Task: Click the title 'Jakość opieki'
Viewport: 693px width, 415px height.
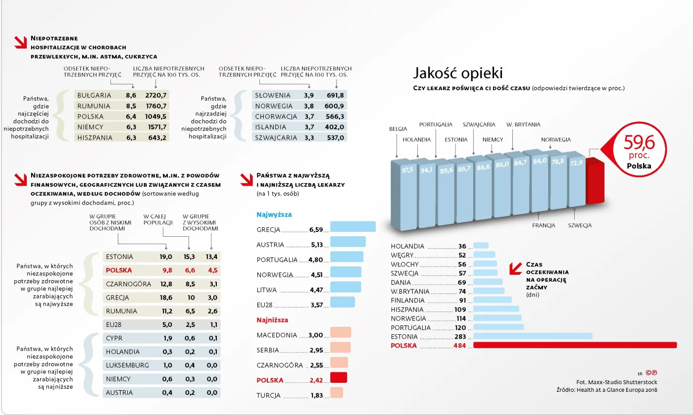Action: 458,73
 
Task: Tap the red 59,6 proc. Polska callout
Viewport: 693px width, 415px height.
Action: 639,150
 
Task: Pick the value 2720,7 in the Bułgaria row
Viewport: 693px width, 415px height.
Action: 156,95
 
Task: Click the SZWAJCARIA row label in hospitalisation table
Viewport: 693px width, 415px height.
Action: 276,138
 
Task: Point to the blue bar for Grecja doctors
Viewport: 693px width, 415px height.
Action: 353,227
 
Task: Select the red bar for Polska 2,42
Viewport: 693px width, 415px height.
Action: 339,378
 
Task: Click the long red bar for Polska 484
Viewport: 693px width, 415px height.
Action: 575,345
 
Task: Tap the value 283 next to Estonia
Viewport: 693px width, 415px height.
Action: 459,337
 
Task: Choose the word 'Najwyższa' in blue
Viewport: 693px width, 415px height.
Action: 274,215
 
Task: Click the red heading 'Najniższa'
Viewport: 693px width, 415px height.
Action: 272,320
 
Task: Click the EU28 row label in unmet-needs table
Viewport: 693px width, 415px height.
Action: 114,325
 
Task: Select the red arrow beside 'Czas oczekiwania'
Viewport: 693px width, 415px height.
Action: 516,267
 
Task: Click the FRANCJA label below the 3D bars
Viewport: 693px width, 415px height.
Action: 544,225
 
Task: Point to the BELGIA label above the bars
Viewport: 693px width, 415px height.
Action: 398,129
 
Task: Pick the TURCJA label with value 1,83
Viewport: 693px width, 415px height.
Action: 268,396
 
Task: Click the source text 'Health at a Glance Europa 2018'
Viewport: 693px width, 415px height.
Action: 615,390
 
